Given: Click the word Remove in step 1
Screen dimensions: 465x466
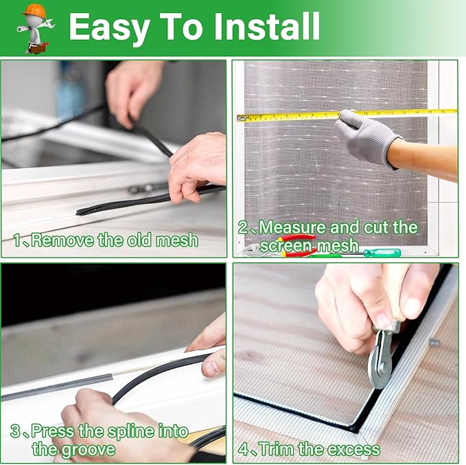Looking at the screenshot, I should click(60, 240).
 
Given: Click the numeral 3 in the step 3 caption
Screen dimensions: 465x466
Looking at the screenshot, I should click(15, 431).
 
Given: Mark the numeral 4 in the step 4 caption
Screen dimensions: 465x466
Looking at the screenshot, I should click(244, 449).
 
